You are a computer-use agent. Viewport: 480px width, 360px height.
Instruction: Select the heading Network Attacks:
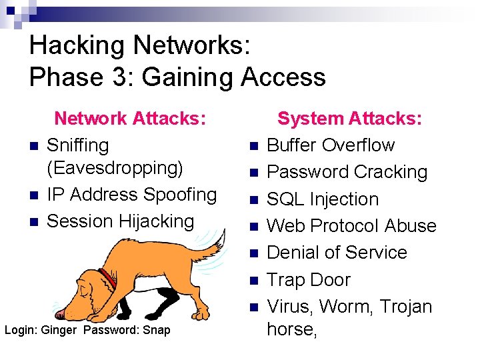[129, 119]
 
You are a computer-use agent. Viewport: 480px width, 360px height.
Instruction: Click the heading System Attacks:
[349, 119]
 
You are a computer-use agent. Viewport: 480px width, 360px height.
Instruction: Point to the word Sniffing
[77, 145]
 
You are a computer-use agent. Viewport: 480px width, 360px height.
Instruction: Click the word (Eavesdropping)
[115, 168]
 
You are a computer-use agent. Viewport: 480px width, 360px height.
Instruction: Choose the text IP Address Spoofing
[132, 195]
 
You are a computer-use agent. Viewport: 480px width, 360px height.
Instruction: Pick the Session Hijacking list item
[120, 221]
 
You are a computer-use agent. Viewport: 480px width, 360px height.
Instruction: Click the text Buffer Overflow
[331, 145]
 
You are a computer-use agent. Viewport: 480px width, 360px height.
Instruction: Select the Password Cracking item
[347, 172]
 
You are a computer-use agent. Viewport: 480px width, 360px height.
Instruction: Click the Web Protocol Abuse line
[351, 226]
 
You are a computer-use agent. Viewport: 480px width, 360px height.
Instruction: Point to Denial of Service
[337, 253]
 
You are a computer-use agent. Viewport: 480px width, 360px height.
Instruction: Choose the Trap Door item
[308, 280]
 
